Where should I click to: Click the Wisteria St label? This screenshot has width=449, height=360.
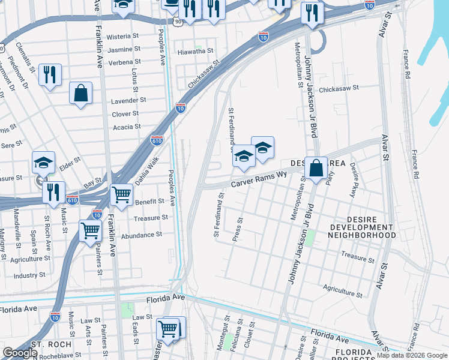tap(123, 37)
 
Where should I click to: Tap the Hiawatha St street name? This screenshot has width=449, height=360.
tap(196, 52)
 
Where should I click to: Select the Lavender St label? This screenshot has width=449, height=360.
tap(128, 101)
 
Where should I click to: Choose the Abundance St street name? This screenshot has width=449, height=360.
tap(142, 235)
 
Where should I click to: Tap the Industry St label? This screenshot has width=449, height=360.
tap(25, 275)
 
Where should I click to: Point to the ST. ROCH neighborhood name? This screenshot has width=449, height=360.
tap(52, 345)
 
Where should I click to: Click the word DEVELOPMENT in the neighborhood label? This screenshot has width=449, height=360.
tap(363, 228)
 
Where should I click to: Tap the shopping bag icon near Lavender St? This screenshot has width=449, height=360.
tap(80, 94)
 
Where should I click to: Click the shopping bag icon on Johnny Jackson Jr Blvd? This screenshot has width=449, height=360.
tap(315, 168)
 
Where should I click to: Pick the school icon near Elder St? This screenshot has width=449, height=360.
tap(43, 162)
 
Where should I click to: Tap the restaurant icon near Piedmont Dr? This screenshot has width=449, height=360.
tap(50, 75)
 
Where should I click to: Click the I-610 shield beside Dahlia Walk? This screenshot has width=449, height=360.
tap(156, 140)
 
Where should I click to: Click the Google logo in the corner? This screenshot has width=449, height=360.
tap(20, 353)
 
